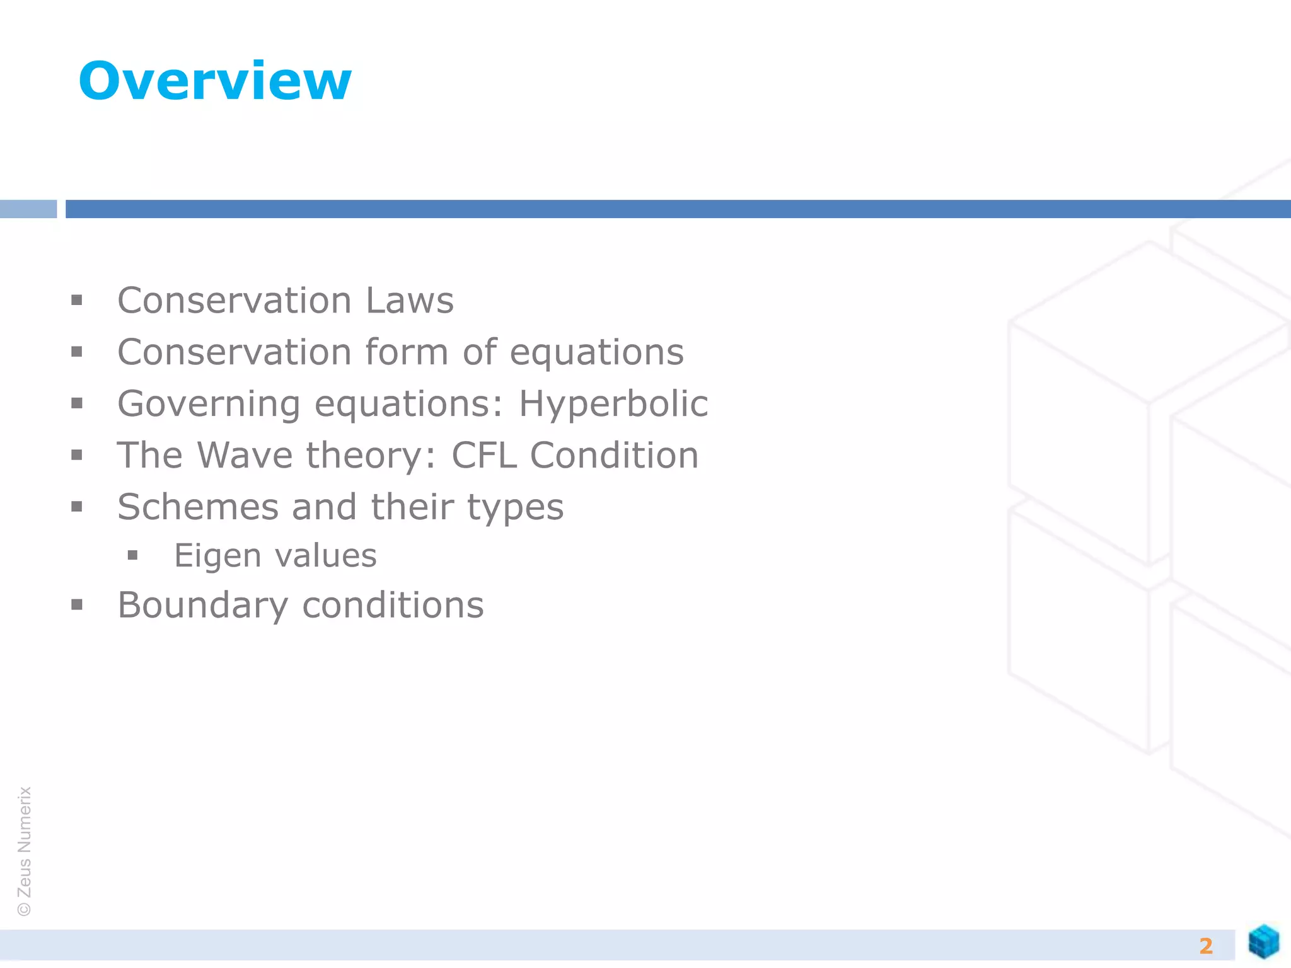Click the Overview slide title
(214, 81)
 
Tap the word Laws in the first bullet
(410, 301)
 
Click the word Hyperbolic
(613, 404)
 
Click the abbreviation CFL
(483, 455)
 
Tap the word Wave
(245, 455)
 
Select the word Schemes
(198, 507)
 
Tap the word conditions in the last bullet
(393, 606)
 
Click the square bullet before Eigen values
(132, 555)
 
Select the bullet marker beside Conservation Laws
(77, 301)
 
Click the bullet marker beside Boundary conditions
(77, 606)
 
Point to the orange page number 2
(1206, 946)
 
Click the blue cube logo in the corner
(1263, 942)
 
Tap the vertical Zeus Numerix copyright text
(24, 851)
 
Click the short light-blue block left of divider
(28, 209)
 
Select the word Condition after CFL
(614, 455)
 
